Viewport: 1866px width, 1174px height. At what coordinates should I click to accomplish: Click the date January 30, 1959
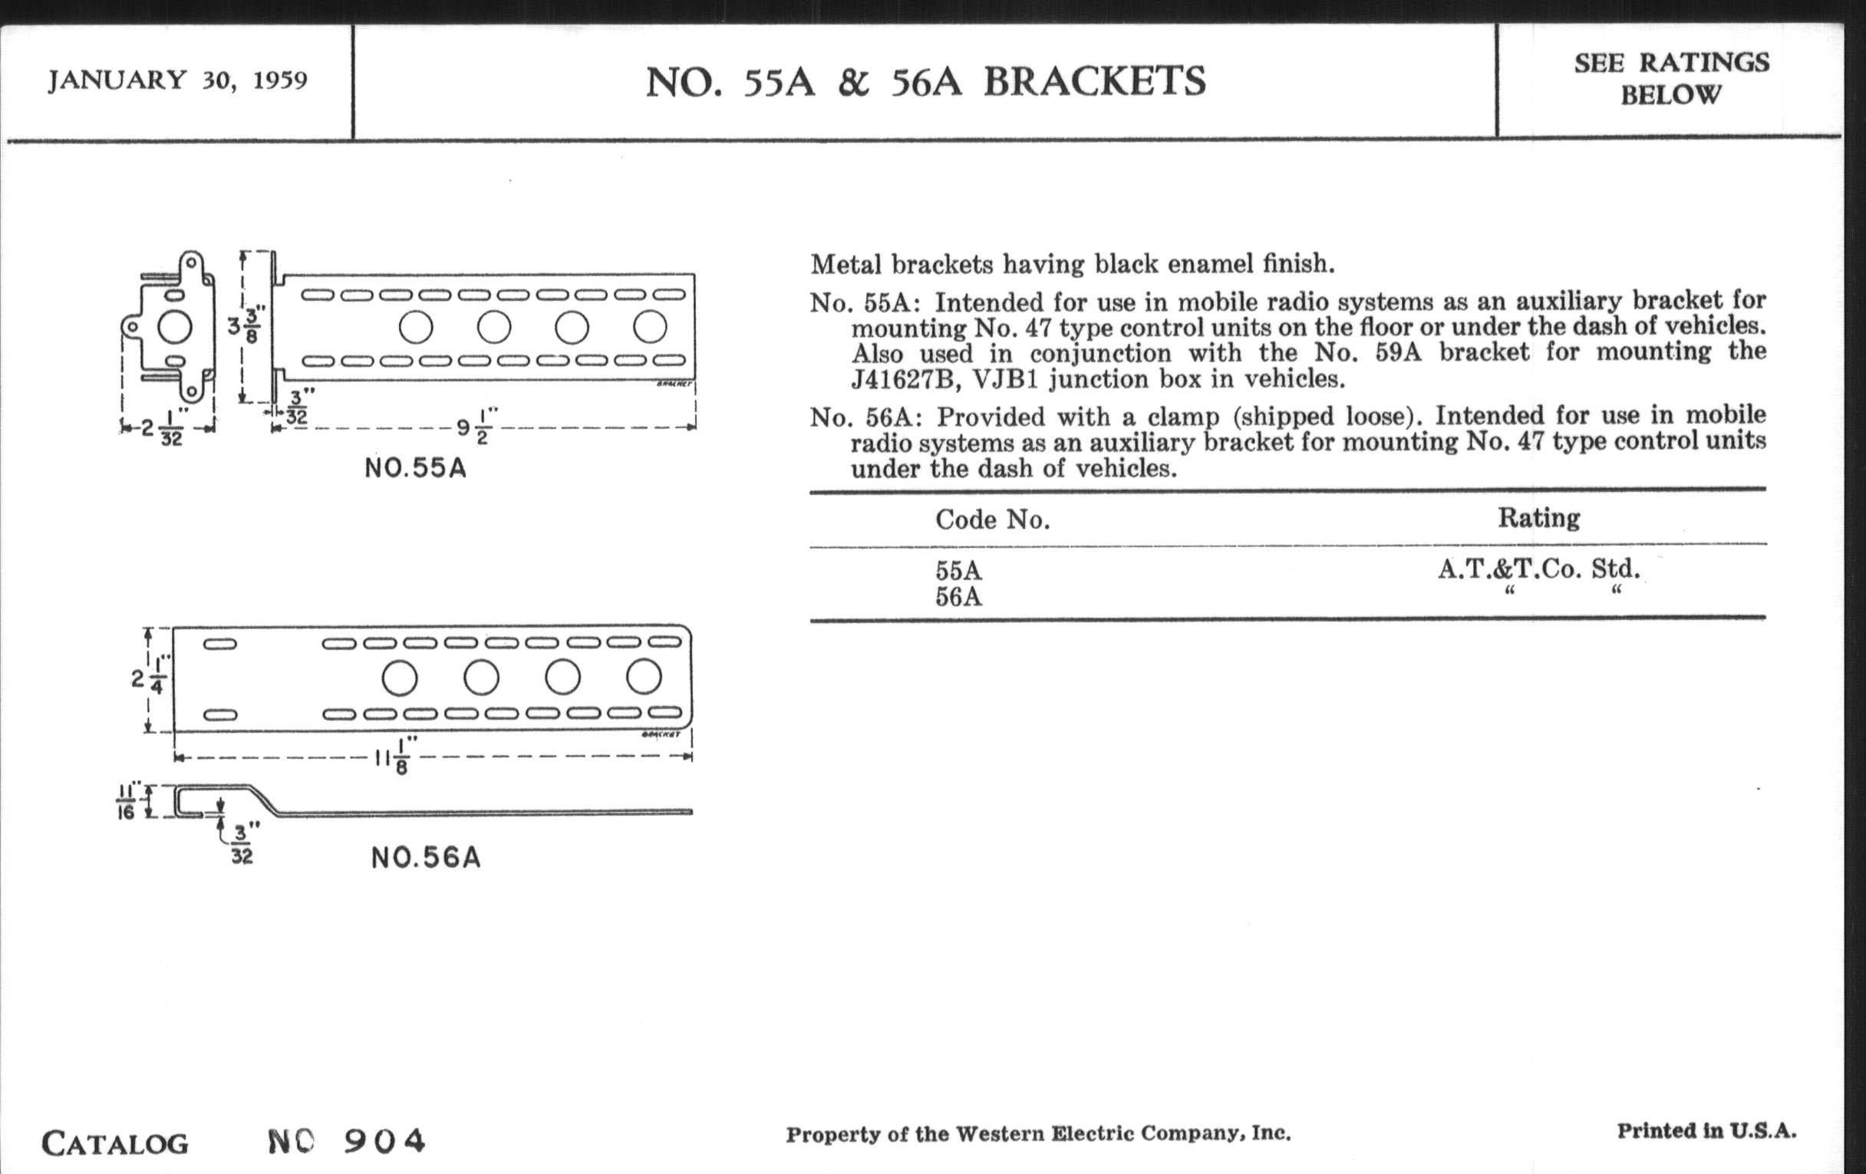click(x=177, y=80)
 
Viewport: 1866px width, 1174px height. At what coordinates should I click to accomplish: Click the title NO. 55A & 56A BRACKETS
click(x=925, y=81)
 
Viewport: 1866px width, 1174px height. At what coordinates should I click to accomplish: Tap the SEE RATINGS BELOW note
click(x=1670, y=78)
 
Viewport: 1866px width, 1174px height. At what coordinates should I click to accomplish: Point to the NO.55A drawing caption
click(x=415, y=469)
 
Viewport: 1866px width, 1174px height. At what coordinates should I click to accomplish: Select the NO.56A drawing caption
click(x=425, y=858)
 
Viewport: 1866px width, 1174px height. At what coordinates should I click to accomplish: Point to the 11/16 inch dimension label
click(x=126, y=801)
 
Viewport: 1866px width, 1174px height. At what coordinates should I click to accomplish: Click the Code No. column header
click(x=992, y=519)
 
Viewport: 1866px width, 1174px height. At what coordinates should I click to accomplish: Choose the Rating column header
click(x=1538, y=518)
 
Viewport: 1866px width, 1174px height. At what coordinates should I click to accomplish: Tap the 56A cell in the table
click(x=958, y=598)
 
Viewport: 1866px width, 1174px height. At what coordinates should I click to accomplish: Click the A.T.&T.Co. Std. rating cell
click(x=1538, y=569)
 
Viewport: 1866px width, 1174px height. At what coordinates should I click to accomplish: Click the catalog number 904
click(x=384, y=1141)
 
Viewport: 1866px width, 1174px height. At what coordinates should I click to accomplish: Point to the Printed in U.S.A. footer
click(x=1706, y=1131)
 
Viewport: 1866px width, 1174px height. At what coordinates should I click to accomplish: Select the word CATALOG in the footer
click(x=114, y=1144)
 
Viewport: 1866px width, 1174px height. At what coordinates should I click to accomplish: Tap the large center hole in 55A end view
click(x=174, y=327)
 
